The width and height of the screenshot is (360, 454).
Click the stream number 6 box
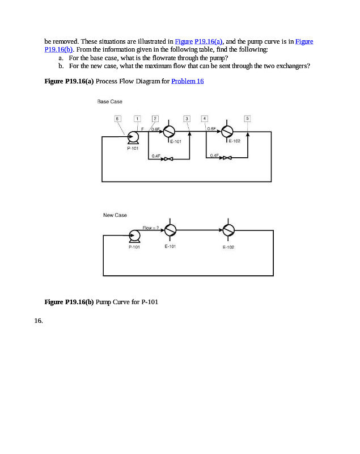tap(118, 118)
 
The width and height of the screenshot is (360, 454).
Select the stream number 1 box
tap(137, 118)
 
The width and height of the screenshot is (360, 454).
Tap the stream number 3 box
tap(187, 118)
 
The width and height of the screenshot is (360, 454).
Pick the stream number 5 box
tap(247, 118)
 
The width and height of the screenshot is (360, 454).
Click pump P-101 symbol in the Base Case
tap(133, 137)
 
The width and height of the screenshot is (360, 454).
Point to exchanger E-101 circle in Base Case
tap(170, 131)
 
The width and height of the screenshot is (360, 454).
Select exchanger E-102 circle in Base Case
tap(227, 131)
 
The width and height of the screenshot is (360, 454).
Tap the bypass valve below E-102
tap(226, 159)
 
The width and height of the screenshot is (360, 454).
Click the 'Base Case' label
tap(109, 102)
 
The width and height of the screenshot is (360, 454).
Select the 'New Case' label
tap(115, 215)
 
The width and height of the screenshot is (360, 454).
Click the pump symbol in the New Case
tap(134, 236)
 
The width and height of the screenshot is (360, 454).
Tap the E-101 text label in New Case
tap(170, 247)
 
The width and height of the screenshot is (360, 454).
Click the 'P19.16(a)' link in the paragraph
tap(209, 41)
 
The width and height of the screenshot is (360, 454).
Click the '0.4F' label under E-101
tap(155, 155)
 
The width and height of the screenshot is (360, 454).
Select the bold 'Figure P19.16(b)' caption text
tap(69, 301)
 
